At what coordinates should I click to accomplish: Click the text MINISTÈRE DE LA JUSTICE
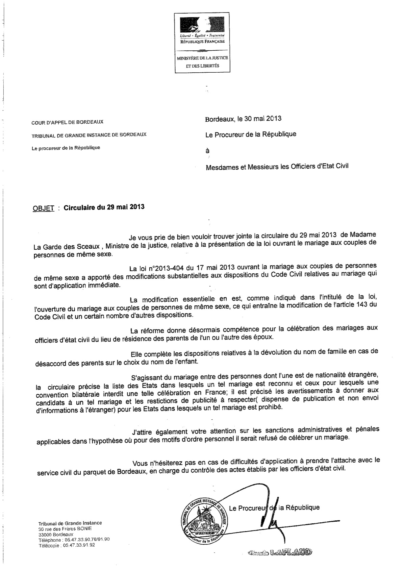(202, 58)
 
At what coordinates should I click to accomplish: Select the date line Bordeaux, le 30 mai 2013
(243, 119)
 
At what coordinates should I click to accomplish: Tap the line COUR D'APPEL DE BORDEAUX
(68, 122)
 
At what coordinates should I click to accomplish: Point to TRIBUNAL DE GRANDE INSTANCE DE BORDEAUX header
(89, 134)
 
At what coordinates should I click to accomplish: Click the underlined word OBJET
(44, 208)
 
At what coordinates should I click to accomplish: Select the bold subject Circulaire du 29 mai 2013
(104, 207)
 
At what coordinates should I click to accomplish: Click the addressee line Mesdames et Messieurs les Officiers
(277, 166)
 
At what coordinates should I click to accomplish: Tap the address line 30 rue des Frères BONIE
(65, 529)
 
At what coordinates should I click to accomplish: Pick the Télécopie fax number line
(67, 545)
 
